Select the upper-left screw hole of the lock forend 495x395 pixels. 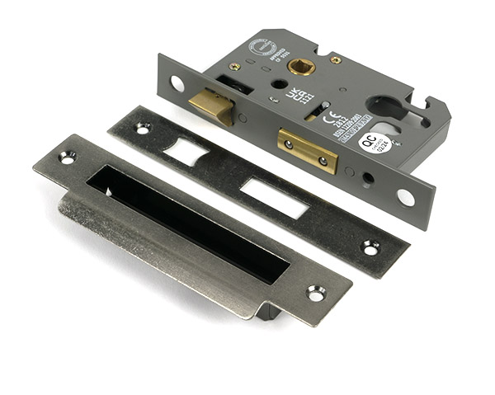click(177, 82)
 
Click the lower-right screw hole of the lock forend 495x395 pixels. click(405, 198)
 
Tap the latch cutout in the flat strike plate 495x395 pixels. click(186, 152)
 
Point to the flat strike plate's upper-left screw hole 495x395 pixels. click(142, 129)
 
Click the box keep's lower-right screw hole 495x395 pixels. click(316, 293)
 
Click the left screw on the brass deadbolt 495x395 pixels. click(290, 143)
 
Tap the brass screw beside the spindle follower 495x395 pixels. click(336, 60)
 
